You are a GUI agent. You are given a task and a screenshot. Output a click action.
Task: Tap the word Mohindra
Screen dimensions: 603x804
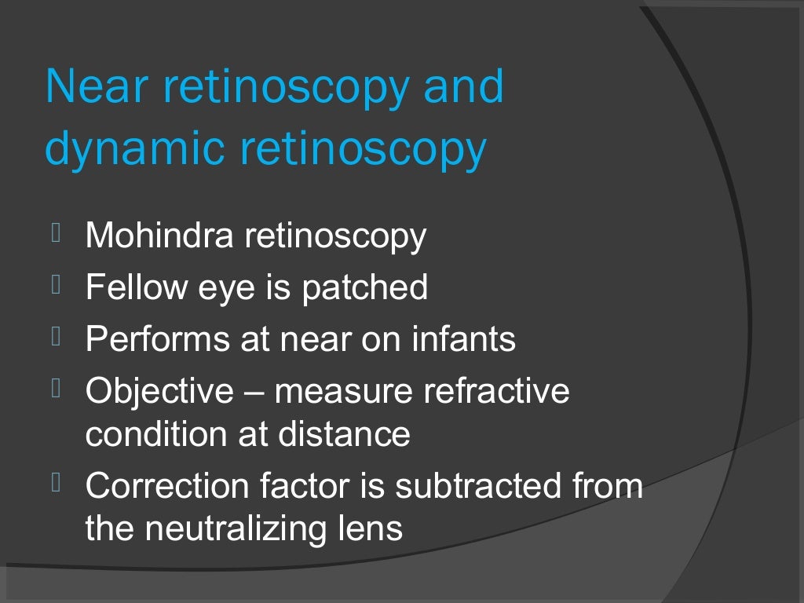[x=157, y=236]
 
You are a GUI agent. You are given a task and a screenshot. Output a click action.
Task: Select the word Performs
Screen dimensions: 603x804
[x=148, y=339]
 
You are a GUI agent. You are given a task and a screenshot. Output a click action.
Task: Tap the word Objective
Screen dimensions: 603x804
[x=159, y=391]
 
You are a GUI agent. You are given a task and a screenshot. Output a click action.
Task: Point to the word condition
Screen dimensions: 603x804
[x=149, y=433]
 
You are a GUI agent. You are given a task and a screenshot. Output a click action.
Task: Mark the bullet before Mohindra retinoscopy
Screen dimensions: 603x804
[x=56, y=232]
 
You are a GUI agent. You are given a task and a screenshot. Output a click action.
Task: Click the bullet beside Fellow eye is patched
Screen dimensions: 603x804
[x=56, y=284]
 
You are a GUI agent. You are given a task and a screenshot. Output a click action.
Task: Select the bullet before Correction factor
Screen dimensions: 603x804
[x=56, y=483]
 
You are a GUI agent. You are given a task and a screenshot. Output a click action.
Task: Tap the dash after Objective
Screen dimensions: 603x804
[x=254, y=392]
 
